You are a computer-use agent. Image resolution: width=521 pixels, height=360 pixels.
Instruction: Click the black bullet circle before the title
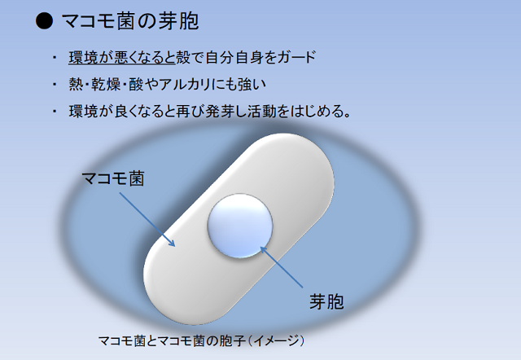pos(44,21)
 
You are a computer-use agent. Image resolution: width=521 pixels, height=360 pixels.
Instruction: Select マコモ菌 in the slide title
pos(98,21)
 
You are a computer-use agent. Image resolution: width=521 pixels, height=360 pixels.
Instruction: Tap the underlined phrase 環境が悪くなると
pos(122,57)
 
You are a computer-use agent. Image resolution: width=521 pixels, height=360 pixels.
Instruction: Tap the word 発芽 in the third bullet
pos(220,111)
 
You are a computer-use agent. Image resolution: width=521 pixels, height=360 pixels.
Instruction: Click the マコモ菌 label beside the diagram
pos(112,178)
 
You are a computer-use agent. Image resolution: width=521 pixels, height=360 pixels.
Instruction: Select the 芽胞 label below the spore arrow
pos(326,302)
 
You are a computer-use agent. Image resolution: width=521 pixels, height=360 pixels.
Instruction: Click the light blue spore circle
pos(240,226)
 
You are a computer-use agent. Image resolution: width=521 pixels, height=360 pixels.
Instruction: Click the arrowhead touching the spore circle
pos(263,250)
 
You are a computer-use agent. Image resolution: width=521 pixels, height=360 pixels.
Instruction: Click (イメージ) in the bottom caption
pos(277,340)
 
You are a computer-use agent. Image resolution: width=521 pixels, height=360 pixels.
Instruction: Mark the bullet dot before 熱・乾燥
pos(55,85)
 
